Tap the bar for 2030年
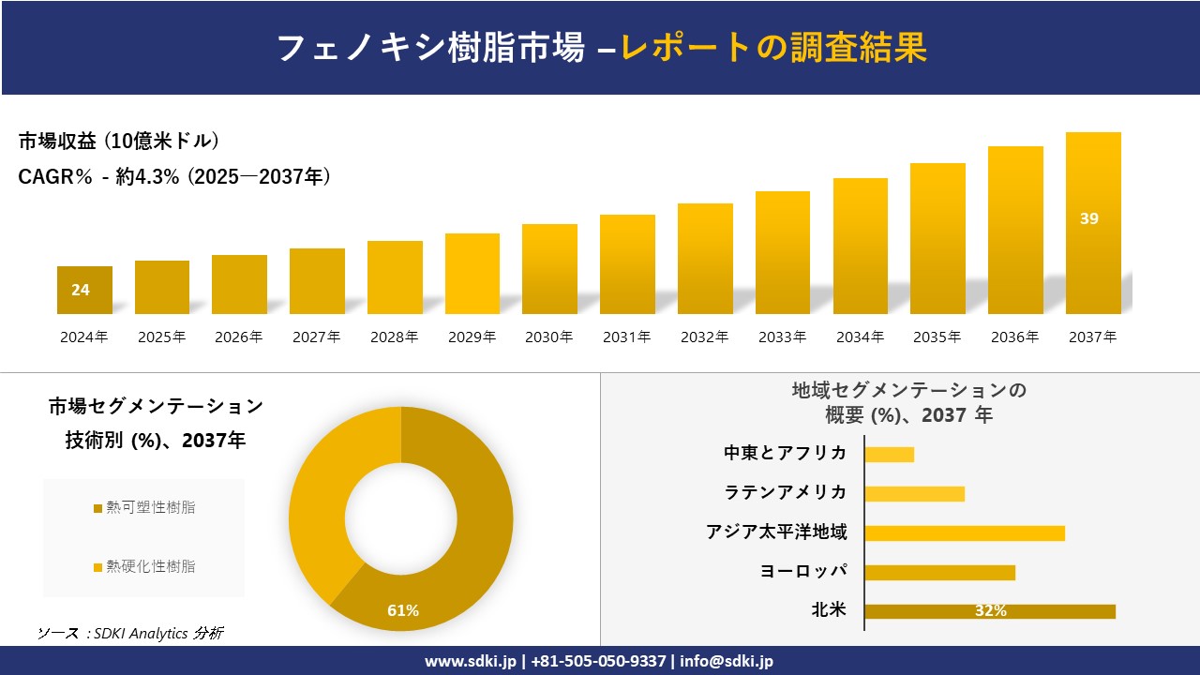coord(549,269)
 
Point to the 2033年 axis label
coord(782,337)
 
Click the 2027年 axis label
coord(316,337)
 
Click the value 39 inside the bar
coord(1088,218)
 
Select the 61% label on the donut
coord(403,611)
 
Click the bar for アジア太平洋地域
coord(964,532)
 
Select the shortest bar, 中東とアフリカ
coord(889,454)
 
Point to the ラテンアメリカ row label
coord(785,492)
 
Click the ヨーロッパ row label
coord(802,571)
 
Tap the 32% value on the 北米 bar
coord(990,611)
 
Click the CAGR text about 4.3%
coord(173,176)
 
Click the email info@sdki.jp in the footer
coord(727,661)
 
